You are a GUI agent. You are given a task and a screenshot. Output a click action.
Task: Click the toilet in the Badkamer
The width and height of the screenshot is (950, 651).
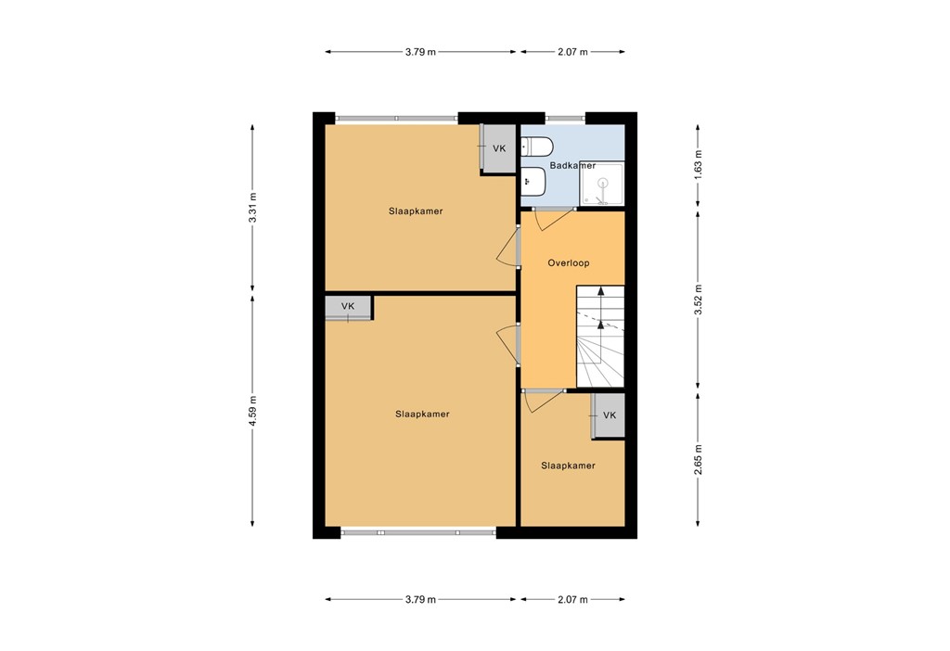[x=537, y=147]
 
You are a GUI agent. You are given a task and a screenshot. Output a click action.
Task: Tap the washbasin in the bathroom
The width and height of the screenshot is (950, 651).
[x=533, y=182]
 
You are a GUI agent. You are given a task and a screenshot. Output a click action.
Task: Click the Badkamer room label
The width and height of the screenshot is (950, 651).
[x=572, y=166]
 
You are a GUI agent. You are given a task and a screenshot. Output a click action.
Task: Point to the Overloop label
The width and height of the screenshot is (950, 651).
[x=568, y=263]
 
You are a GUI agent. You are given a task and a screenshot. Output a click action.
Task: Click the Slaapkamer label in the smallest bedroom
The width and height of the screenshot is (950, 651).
[x=568, y=466]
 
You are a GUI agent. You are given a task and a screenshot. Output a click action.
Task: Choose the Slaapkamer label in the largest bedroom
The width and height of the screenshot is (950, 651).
[x=421, y=414]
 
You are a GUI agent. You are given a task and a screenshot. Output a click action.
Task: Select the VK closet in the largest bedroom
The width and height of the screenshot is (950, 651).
[x=348, y=307]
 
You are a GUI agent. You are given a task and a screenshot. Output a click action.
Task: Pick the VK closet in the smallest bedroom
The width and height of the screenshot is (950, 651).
[x=609, y=415]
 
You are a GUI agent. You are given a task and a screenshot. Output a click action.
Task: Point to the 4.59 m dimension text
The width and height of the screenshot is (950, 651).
[x=252, y=411]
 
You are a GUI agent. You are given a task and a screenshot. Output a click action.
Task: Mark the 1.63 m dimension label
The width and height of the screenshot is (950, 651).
[x=699, y=164]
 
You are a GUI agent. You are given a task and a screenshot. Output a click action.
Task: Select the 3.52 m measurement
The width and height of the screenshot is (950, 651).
[x=699, y=299]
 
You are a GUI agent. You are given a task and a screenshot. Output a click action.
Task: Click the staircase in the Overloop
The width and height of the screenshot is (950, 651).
[x=600, y=337]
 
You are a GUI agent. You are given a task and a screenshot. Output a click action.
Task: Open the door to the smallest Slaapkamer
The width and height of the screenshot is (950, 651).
[x=543, y=399]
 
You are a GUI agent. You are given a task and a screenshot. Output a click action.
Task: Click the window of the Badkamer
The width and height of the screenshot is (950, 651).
[x=565, y=119]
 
